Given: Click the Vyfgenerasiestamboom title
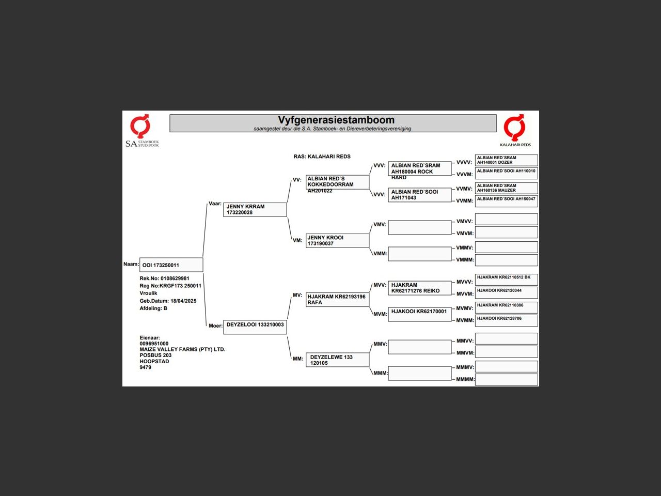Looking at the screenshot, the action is tap(336, 120).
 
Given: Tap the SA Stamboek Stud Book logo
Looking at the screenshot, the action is tap(142, 131).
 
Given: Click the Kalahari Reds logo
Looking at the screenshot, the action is tap(515, 130).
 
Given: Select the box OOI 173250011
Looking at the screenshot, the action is tap(171, 265).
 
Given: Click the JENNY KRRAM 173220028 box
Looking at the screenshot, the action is tap(255, 210).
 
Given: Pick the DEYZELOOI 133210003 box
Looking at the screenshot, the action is tap(255, 327).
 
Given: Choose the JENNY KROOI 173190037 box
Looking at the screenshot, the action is tap(337, 241).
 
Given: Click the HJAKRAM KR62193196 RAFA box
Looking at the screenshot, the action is tap(337, 300).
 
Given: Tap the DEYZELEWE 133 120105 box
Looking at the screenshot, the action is tap(337, 360).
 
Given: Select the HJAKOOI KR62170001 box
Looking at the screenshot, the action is tap(419, 315).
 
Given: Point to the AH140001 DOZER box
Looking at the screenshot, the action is tap(506, 160).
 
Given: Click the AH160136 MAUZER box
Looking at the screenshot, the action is tap(506, 188).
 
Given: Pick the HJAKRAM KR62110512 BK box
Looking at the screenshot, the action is tap(506, 280).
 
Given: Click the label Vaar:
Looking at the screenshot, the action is tap(215, 204).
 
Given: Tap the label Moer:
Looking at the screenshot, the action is tap(216, 326).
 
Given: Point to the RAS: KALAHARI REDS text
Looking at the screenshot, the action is tap(322, 157).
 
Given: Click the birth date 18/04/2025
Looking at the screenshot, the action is tap(183, 301).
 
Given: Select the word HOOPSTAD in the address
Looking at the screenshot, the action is tap(154, 361).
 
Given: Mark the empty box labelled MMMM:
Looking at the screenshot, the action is tap(506, 379).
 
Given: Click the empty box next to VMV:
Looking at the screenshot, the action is tap(419, 227).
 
